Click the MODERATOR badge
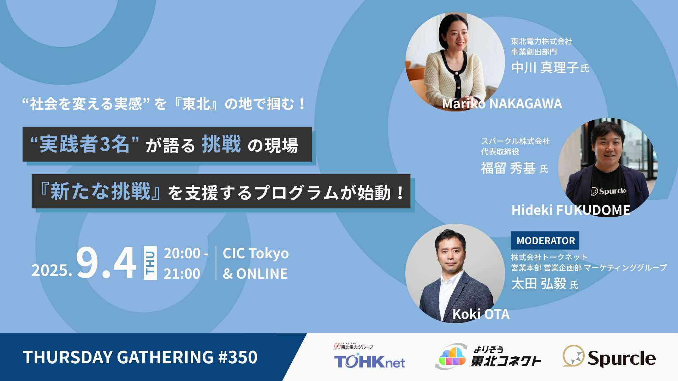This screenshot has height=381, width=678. point(545,241)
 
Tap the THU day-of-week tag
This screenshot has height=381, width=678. point(150,263)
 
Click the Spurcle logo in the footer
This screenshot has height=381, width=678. point(609,357)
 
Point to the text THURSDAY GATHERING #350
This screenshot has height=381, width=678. point(140,357)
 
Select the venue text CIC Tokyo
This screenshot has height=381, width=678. point(256,253)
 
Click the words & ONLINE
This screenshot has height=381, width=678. point(255,274)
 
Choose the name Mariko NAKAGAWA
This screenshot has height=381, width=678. point(502,104)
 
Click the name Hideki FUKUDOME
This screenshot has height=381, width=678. point(571,210)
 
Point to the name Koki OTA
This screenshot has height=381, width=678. point(481,314)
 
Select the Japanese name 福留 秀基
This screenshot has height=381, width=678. point(508,168)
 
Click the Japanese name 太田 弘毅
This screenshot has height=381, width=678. point(539,284)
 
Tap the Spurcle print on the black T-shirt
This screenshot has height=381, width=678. point(609,191)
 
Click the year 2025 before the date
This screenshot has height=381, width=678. point(52,271)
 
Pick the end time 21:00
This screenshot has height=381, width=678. point(182,274)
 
